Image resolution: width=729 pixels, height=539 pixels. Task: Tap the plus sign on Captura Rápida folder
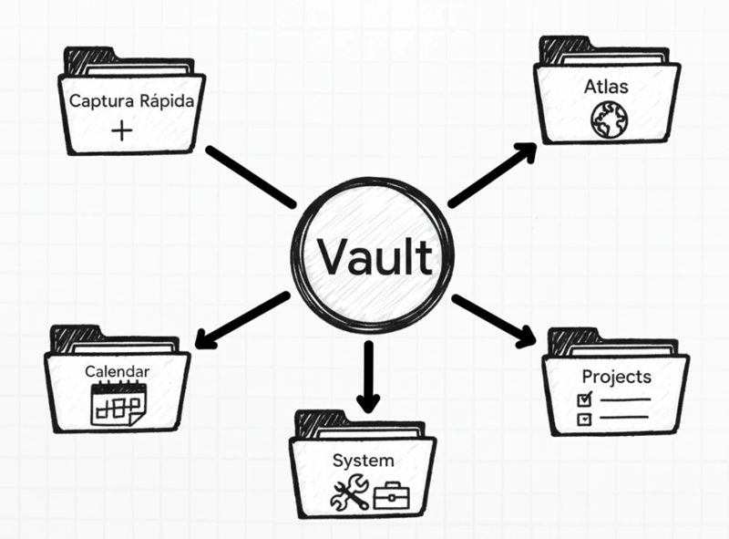[121, 131]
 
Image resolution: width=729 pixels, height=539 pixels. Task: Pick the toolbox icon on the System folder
[393, 493]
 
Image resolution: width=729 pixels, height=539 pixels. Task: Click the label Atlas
[606, 88]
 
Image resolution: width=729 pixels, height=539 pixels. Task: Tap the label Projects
[617, 377]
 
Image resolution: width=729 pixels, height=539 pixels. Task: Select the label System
[364, 460]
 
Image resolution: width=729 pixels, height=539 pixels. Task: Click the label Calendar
[117, 372]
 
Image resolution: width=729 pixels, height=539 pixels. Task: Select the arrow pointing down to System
[367, 376]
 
